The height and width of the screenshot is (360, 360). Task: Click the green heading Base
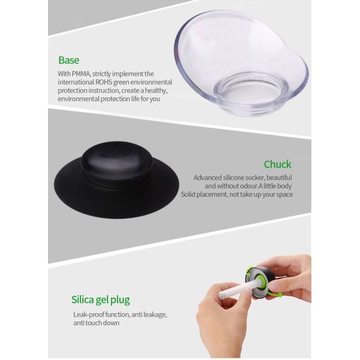tap(68, 60)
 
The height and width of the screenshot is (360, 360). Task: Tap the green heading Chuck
tap(278, 164)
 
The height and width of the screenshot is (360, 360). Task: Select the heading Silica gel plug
tap(101, 300)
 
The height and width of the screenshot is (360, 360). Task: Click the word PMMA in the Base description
tap(81, 74)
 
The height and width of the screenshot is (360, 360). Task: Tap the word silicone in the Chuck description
tap(233, 178)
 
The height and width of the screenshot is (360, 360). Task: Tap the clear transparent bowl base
tap(241, 62)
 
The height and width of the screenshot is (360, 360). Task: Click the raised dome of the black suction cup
tap(116, 160)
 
